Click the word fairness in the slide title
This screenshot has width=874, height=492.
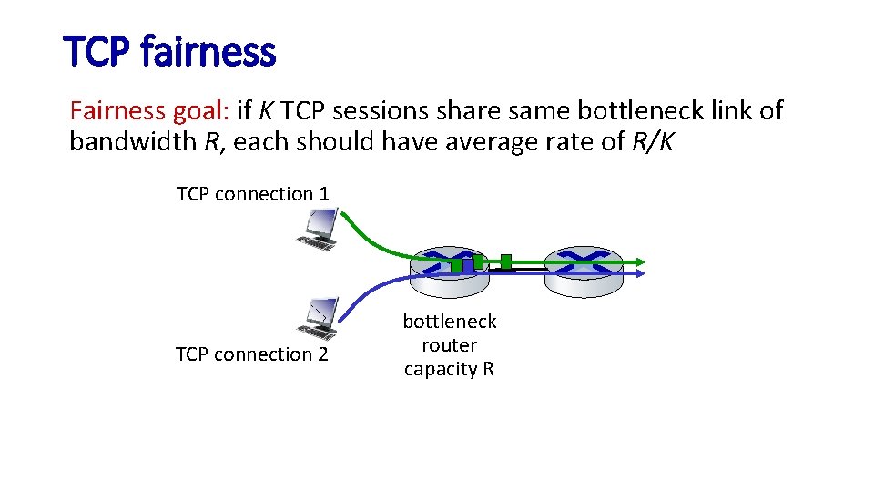[x=208, y=52]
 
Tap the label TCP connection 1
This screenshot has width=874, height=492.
[x=252, y=193]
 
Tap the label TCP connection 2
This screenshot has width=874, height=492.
[x=251, y=354]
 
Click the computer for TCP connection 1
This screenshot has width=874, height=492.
[x=318, y=229]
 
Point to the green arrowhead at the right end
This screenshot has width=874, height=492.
[x=641, y=261]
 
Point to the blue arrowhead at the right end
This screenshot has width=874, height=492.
[x=641, y=272]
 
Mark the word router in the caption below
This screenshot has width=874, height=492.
[x=450, y=345]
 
